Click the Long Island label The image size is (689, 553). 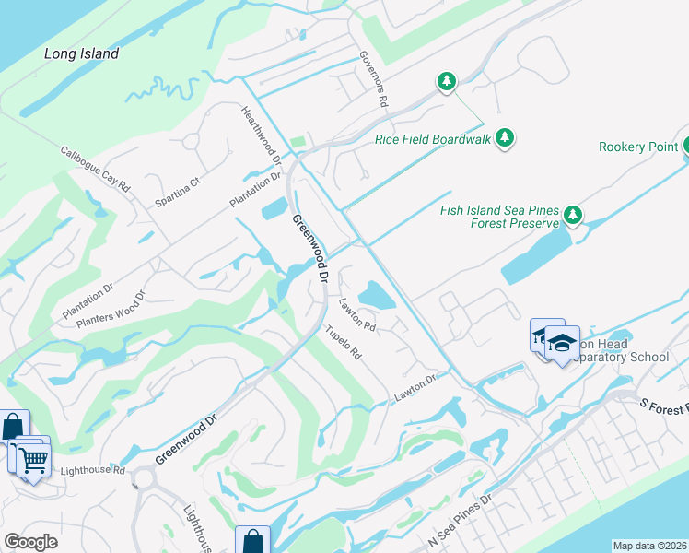82,54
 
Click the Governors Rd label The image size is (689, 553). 371,78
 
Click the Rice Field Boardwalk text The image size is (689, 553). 432,140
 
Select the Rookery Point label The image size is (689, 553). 638,147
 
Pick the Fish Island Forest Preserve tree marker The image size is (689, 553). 573,216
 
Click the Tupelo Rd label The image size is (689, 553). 341,342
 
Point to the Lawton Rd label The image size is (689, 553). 356,313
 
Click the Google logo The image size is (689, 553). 30,542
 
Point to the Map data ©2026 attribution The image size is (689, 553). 650,546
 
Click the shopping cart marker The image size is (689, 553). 33,458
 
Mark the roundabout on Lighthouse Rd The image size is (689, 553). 143,479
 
